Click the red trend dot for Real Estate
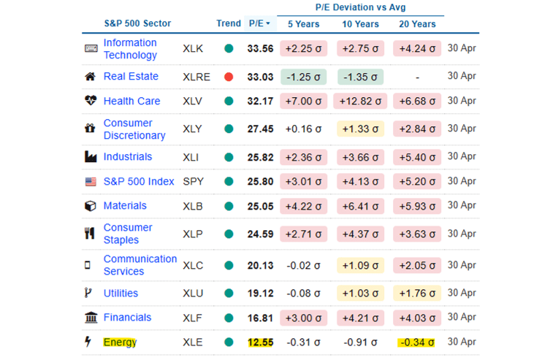coord(229,77)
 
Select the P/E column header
coord(259,23)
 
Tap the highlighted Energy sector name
coord(120,342)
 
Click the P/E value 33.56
coord(261,49)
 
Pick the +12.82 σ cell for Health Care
coord(360,102)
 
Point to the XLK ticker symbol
coord(194,49)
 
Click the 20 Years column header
coord(416,23)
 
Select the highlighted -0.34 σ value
coord(416,342)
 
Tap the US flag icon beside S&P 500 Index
coord(91,181)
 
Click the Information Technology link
coord(130,49)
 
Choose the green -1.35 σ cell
coord(360,77)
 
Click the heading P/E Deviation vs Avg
coord(360,8)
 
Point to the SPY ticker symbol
coord(194,181)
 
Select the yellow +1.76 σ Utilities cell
coord(416,294)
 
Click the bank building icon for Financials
coord(91,318)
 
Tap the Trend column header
coord(229,23)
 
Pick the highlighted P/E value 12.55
coord(261,342)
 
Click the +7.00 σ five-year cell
coord(304,102)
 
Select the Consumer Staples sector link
coord(128,234)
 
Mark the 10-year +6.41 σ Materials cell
coord(360,206)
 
